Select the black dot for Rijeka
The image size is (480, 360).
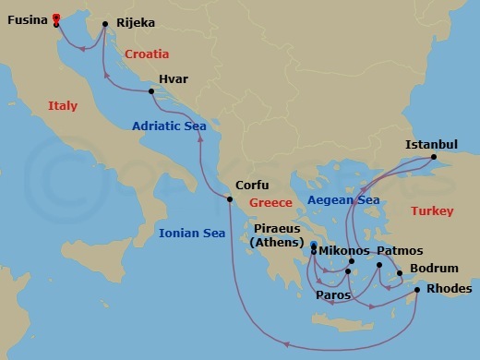point(104,24)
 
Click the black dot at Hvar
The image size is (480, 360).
point(151,90)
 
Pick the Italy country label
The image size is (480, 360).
point(63,106)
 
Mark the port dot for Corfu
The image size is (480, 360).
point(231,198)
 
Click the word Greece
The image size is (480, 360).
point(271,203)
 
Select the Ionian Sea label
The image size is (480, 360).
point(192,234)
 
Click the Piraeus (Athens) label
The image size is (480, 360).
point(275,234)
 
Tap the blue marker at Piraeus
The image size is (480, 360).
point(314,246)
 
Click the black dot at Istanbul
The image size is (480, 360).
point(434,158)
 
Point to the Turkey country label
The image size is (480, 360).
point(433,211)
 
